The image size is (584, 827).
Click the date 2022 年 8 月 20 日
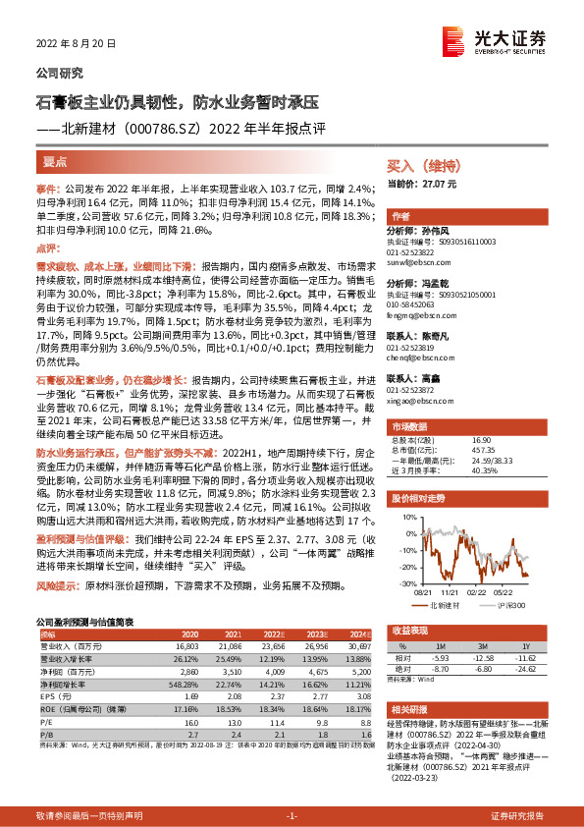click(77, 44)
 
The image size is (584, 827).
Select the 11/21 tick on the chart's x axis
click(451, 592)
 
